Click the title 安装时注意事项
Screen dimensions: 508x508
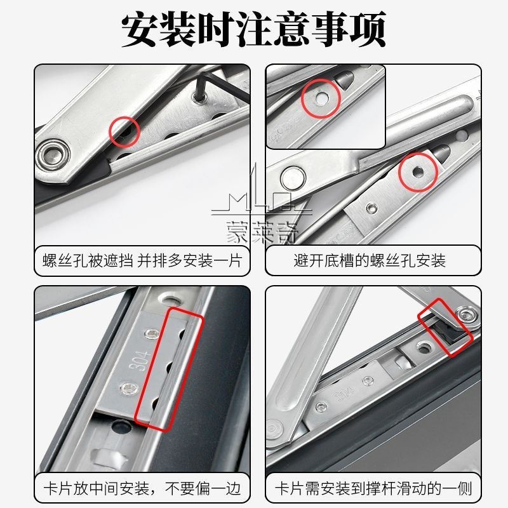(x=253, y=29)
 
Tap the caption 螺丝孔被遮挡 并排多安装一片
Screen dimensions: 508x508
(x=142, y=261)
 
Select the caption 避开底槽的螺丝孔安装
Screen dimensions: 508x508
(x=370, y=261)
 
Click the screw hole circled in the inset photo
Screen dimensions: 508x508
(x=321, y=98)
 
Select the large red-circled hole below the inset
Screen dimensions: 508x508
(x=417, y=171)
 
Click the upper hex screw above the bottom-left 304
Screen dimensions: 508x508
(x=152, y=333)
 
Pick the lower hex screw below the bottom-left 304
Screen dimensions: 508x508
(x=128, y=387)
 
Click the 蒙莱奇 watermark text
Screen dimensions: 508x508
(x=262, y=232)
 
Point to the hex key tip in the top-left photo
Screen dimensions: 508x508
(x=197, y=97)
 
